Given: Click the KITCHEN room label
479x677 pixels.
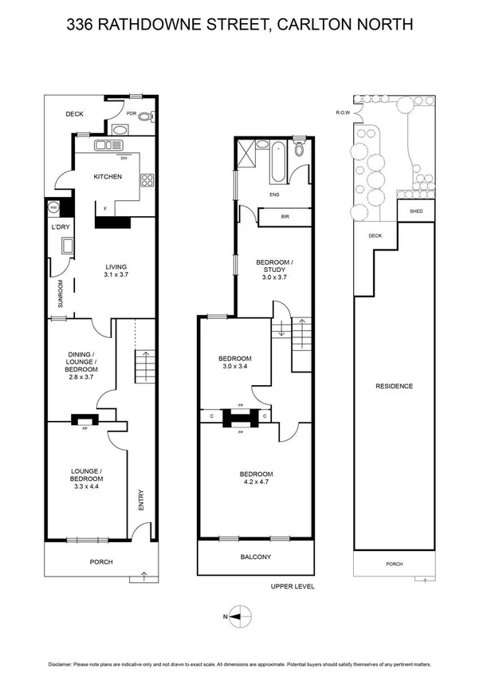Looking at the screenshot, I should pyautogui.click(x=108, y=176).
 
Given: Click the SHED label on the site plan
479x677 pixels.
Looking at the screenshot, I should pyautogui.click(x=415, y=211).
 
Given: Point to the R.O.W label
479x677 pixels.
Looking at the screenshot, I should pyautogui.click(x=344, y=113).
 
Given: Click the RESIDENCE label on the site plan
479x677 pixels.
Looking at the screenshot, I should pyautogui.click(x=394, y=386).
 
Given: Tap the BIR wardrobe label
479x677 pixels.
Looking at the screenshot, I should pyautogui.click(x=285, y=216).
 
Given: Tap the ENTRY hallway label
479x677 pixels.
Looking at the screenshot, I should pyautogui.click(x=141, y=500).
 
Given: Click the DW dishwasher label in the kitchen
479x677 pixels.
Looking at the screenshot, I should pyautogui.click(x=124, y=157).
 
